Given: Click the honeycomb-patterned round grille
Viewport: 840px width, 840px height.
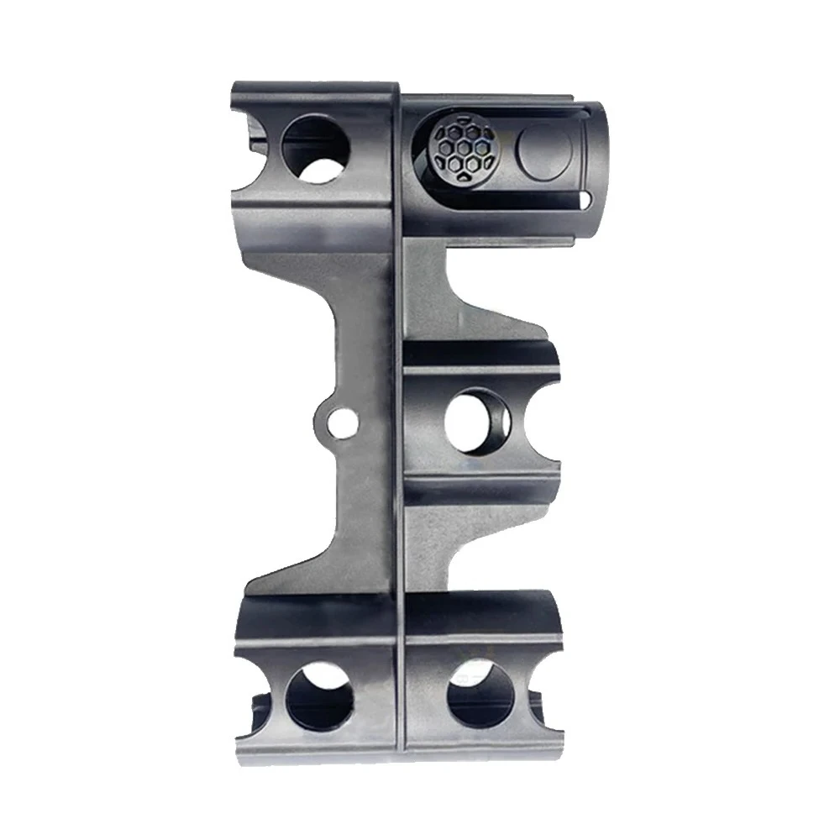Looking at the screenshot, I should click(x=460, y=150).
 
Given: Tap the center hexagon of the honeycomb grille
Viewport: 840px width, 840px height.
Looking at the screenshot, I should click(x=460, y=150).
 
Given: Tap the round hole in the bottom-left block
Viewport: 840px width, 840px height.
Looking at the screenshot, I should click(x=318, y=696).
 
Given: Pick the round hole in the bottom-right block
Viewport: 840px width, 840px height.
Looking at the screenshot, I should click(x=480, y=695).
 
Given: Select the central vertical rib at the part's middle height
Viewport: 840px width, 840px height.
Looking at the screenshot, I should click(x=398, y=420).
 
